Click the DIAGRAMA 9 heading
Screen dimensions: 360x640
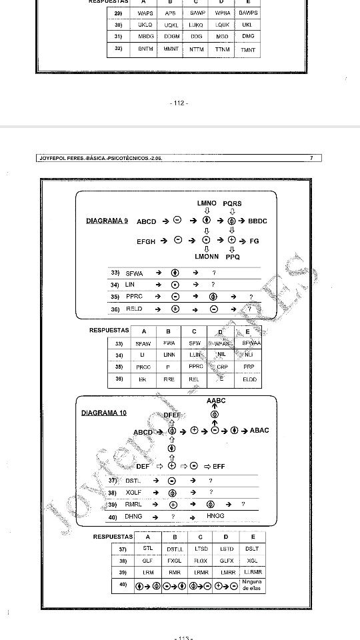107,221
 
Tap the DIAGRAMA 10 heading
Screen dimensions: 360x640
103,413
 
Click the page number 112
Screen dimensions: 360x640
179,103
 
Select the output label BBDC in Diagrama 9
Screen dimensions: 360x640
257,221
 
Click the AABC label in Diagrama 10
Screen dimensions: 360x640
216,401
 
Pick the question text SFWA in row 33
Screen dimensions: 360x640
134,273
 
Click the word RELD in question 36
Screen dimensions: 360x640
134,309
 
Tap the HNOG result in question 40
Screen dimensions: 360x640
215,516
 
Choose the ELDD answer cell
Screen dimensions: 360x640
250,379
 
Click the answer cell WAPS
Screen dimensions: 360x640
145,13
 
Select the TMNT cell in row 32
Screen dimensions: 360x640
248,50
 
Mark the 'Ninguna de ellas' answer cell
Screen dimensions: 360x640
252,586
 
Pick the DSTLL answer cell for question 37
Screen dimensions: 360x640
175,549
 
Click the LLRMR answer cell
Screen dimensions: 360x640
252,572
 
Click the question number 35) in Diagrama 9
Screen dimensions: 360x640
115,297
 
